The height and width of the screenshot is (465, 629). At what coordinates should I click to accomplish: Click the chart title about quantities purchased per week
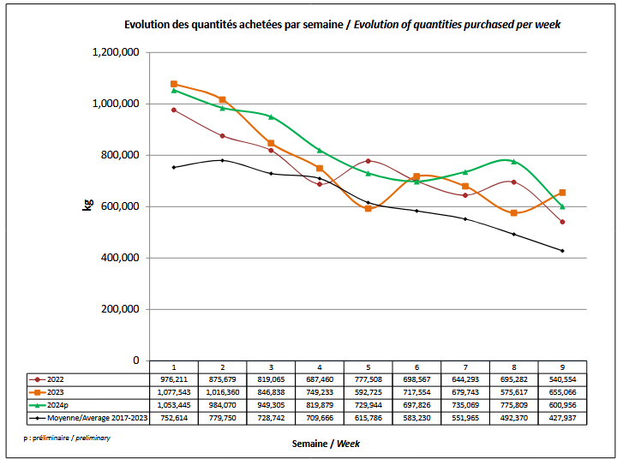[x=342, y=24]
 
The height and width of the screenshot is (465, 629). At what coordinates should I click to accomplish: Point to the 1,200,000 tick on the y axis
[x=115, y=52]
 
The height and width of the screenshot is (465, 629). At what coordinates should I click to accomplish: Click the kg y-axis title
[x=87, y=206]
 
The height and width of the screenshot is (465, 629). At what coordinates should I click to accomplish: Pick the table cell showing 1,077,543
[x=173, y=392]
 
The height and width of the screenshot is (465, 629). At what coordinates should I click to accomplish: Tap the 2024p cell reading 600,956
[x=562, y=405]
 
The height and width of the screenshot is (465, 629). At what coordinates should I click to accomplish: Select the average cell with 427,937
[x=562, y=418]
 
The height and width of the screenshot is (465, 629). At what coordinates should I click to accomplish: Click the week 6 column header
[x=416, y=367]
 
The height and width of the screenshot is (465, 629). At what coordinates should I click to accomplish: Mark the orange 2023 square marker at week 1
[x=174, y=84]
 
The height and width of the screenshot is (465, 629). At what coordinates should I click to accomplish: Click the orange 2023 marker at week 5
[x=368, y=208]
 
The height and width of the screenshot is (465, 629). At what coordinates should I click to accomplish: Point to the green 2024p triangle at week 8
[x=513, y=161]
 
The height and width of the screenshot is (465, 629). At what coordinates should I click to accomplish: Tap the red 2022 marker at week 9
[x=562, y=222]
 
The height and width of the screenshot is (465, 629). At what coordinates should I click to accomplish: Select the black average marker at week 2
[x=222, y=160]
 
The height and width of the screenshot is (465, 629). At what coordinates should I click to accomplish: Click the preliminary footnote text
[x=68, y=438]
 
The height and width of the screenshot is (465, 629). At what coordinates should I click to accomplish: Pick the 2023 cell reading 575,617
[x=513, y=392]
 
